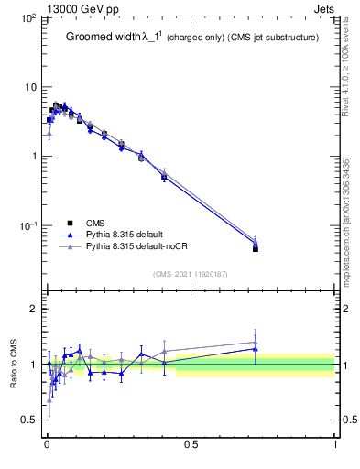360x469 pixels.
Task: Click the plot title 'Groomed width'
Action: pyautogui.click(x=104, y=38)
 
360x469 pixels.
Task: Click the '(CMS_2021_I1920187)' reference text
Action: pyautogui.click(x=190, y=273)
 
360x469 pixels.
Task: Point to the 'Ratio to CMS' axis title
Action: pyautogui.click(x=14, y=364)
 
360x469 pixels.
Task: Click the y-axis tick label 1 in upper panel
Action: pyautogui.click(x=32, y=157)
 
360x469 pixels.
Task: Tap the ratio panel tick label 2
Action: pyautogui.click(x=33, y=309)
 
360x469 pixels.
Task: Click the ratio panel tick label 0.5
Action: pyautogui.click(x=28, y=420)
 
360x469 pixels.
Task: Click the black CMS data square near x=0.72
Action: pyautogui.click(x=256, y=248)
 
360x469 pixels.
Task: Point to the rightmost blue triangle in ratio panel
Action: pyautogui.click(x=256, y=349)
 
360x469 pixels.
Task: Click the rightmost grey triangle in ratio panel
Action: pyautogui.click(x=256, y=343)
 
